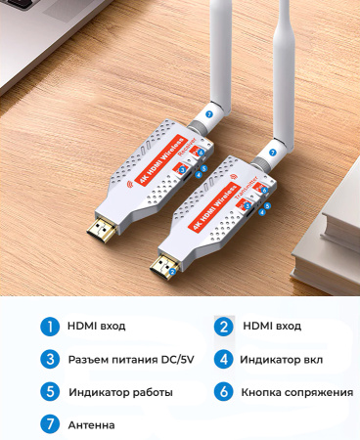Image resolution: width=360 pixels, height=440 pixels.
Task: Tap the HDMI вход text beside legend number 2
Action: coord(273,326)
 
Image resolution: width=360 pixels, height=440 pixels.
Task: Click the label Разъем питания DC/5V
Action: coord(131,359)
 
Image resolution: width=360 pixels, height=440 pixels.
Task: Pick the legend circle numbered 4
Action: coord(224,359)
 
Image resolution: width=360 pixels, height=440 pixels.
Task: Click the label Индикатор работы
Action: coord(120,392)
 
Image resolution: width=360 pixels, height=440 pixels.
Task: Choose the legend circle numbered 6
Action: coord(224,392)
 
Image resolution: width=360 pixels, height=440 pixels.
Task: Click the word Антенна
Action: coord(91,425)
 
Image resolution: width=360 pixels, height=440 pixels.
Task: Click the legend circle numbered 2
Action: coord(224,326)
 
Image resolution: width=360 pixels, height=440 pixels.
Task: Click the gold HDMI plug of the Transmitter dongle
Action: coord(160,262)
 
